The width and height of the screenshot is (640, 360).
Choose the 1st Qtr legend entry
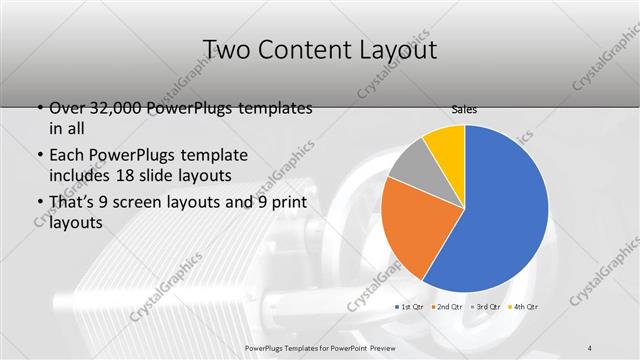(x=410, y=305)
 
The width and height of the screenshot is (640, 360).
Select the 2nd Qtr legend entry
(x=448, y=305)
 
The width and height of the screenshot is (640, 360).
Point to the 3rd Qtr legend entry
(x=486, y=305)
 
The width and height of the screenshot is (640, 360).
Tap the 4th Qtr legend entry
(x=524, y=305)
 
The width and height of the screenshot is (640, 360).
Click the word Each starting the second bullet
(x=67, y=156)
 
